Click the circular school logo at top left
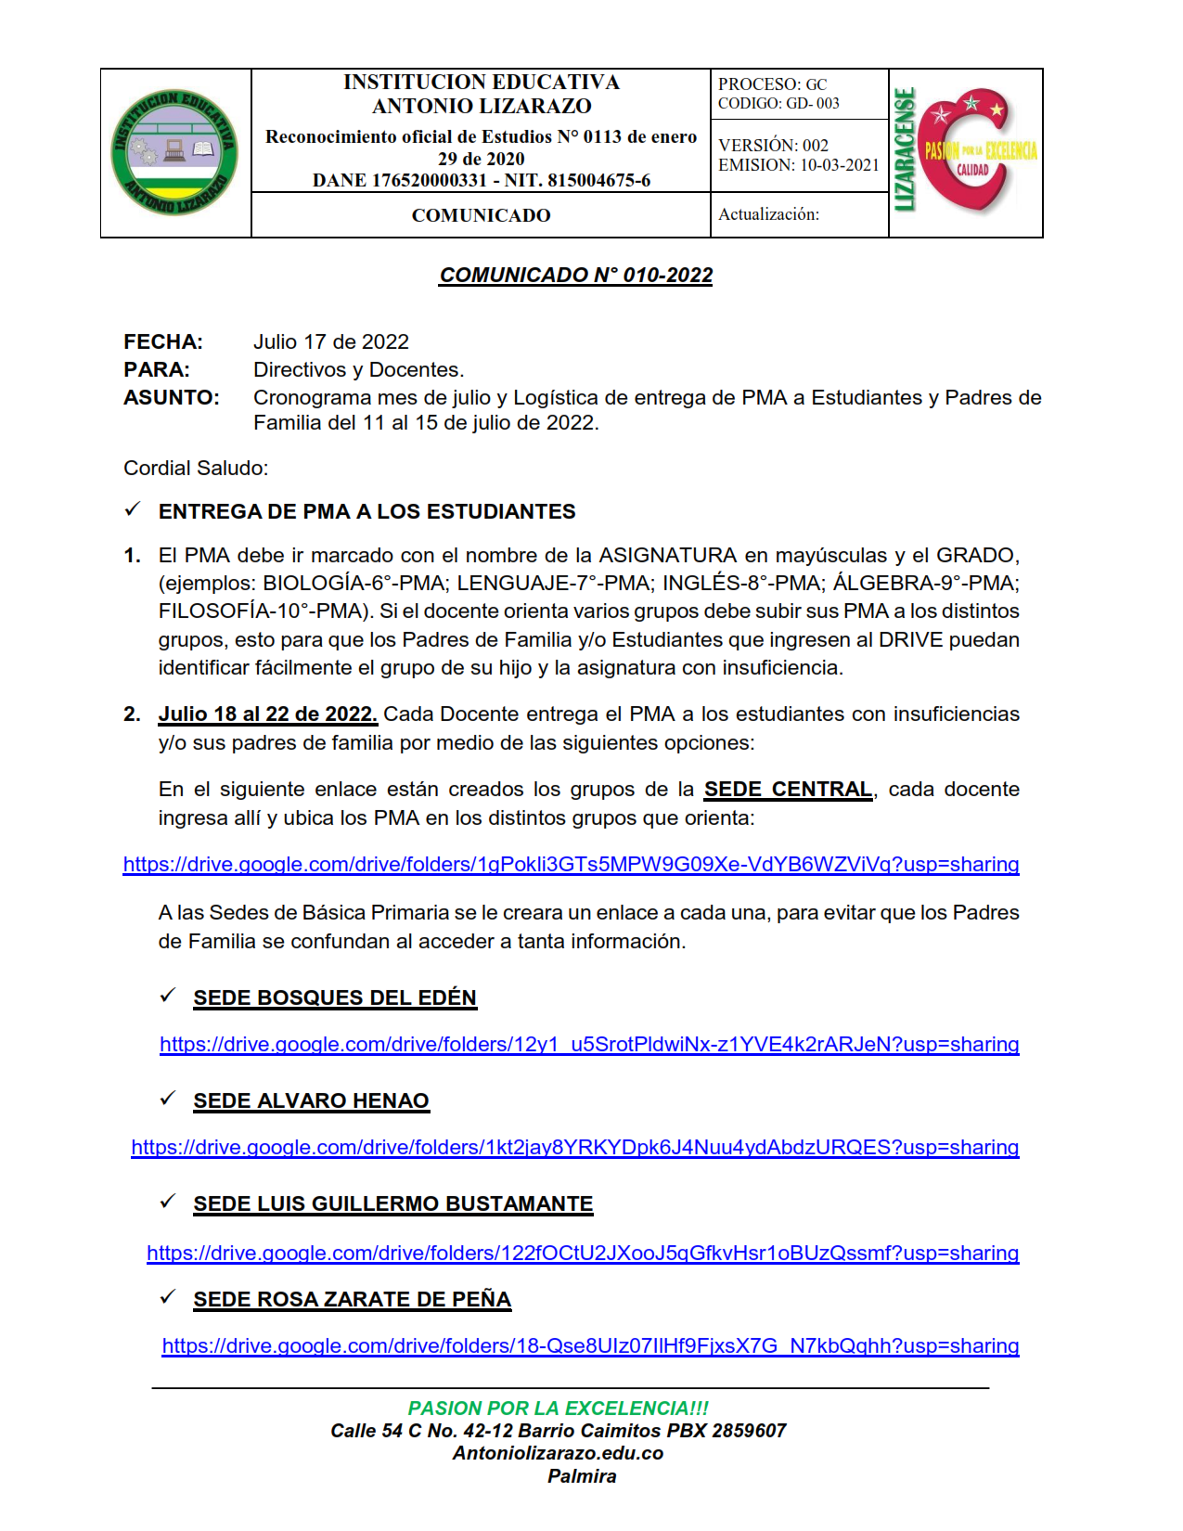click(x=174, y=153)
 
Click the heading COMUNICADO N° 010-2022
click(x=576, y=276)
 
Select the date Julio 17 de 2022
click(x=331, y=342)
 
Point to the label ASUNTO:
click(x=172, y=398)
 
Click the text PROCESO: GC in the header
click(x=772, y=84)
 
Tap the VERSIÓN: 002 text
click(x=773, y=146)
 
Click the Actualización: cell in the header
click(x=768, y=214)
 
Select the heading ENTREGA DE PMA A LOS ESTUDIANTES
click(x=366, y=512)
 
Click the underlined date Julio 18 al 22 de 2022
click(x=267, y=714)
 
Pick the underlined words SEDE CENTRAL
click(x=788, y=790)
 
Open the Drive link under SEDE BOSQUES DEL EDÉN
click(x=589, y=1045)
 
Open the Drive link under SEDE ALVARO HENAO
click(x=575, y=1148)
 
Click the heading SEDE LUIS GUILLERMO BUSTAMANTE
click(x=392, y=1204)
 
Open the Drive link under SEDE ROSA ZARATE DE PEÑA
click(x=590, y=1346)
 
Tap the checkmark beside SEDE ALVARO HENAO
click(x=168, y=1099)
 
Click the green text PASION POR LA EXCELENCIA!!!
click(x=559, y=1409)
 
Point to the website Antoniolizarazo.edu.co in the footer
click(x=558, y=1453)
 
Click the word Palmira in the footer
click(x=582, y=1476)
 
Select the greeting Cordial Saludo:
click(x=196, y=469)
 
